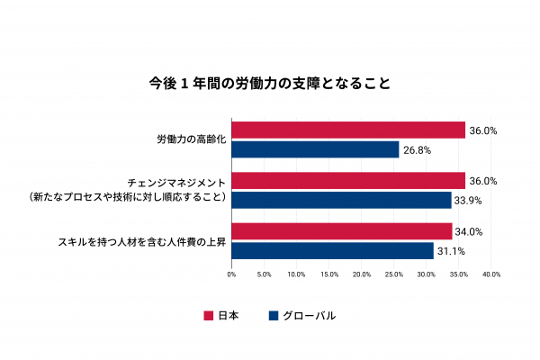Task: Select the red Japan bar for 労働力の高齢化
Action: coord(348,130)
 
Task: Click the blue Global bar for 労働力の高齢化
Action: coord(315,149)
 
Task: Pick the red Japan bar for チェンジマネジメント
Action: coord(348,181)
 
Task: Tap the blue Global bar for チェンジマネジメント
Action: coord(341,200)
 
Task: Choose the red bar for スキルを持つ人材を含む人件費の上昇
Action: coord(342,231)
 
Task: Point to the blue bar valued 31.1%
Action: coord(332,250)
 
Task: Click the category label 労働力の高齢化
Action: coord(191,140)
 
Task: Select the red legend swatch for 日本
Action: coord(209,316)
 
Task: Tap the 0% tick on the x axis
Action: coord(231,274)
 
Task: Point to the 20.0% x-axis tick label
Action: coord(362,274)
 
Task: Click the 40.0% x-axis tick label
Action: coord(490,274)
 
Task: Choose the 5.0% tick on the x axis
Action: coord(265,274)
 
